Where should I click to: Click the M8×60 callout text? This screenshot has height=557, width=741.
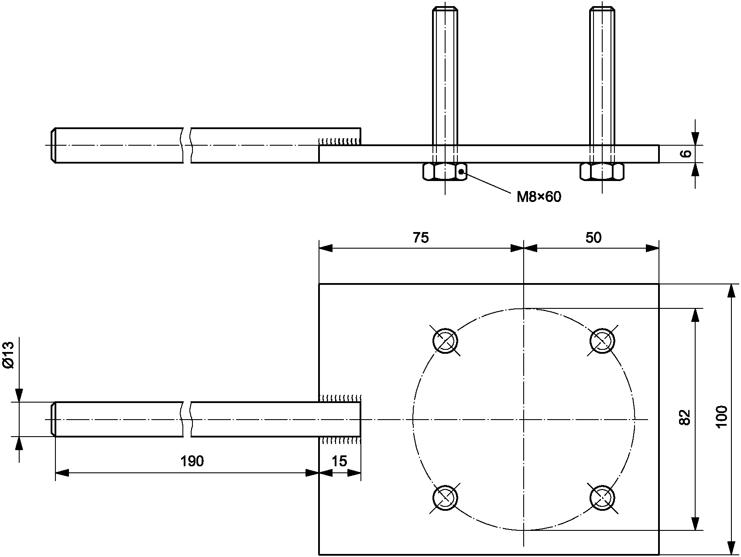[539, 197]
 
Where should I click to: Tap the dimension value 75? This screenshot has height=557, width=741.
[421, 237]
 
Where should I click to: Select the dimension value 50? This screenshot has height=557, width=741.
[593, 237]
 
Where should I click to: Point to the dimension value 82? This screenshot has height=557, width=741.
[685, 417]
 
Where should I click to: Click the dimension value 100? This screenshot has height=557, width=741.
[721, 417]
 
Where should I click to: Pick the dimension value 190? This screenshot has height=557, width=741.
[192, 461]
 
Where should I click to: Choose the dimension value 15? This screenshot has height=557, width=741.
[339, 461]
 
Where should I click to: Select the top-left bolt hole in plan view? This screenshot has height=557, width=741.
[445, 340]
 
